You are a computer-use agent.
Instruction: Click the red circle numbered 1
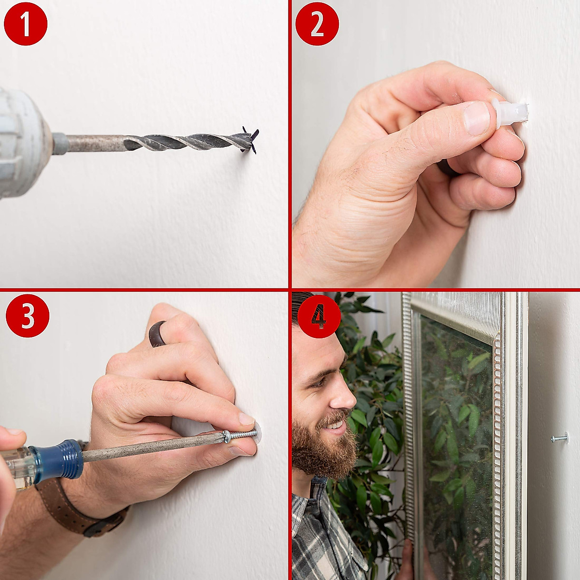point(26,24)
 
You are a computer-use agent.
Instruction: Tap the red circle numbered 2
point(317,24)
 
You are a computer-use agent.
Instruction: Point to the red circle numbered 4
point(319,317)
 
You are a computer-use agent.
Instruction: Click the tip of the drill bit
point(254,141)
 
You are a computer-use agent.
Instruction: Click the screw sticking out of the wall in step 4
point(559,438)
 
